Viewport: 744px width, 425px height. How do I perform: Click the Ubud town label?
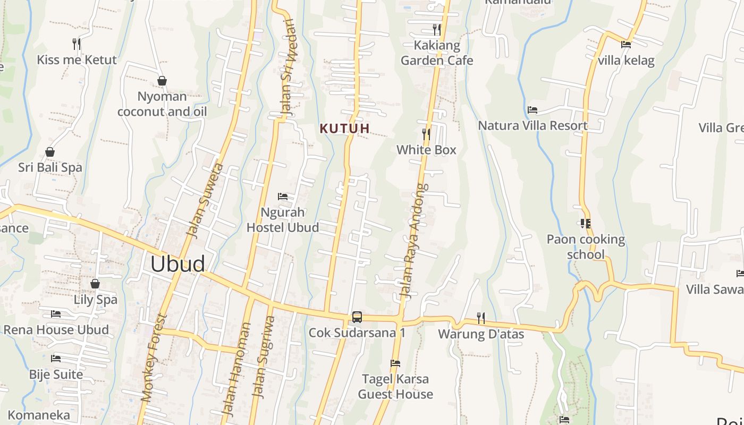point(177,264)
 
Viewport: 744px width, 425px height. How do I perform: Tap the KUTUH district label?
point(344,129)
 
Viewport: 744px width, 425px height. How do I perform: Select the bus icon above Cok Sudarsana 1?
point(357,317)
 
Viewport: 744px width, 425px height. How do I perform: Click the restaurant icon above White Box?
point(426,134)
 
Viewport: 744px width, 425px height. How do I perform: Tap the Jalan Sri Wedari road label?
point(287,66)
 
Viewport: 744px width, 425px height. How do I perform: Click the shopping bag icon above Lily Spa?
point(95,284)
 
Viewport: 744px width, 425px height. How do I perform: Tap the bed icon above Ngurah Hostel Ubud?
point(283,197)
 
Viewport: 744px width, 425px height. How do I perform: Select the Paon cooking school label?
point(586,246)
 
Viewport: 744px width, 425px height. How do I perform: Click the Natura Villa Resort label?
point(532,125)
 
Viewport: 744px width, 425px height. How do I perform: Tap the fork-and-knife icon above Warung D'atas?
point(480,318)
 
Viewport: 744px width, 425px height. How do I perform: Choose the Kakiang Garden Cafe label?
point(436,53)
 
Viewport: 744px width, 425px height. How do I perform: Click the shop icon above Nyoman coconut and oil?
point(162,81)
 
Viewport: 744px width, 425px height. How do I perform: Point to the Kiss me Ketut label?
point(77,59)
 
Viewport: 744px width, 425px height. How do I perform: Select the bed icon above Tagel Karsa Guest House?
point(395,363)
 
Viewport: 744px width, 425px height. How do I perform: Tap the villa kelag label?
point(626,60)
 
